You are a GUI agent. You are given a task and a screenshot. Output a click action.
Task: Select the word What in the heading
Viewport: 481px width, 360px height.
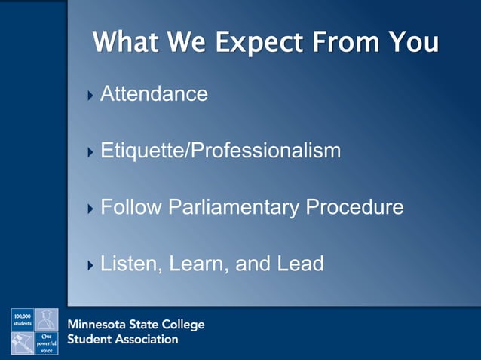click(127, 42)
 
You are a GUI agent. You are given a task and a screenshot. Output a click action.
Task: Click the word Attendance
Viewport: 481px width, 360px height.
click(154, 94)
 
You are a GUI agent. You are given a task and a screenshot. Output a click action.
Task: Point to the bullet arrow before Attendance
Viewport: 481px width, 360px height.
click(91, 96)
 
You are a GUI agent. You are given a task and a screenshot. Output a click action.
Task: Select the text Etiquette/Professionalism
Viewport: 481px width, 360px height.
click(220, 151)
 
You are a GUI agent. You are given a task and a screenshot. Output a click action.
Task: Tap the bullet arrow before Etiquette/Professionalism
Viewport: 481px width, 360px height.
click(91, 152)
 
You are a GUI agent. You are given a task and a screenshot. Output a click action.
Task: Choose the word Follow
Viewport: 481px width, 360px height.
click(130, 207)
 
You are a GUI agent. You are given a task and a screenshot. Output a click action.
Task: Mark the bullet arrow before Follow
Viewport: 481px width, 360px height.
click(91, 209)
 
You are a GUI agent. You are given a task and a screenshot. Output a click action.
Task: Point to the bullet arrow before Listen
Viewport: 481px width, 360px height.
click(91, 265)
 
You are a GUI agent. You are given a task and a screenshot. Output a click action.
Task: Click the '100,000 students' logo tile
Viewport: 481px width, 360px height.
click(22, 319)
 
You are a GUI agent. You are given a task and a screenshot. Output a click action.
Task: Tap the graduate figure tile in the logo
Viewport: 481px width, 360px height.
click(47, 319)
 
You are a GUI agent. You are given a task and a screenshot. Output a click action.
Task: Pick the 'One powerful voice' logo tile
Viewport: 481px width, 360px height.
click(47, 343)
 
